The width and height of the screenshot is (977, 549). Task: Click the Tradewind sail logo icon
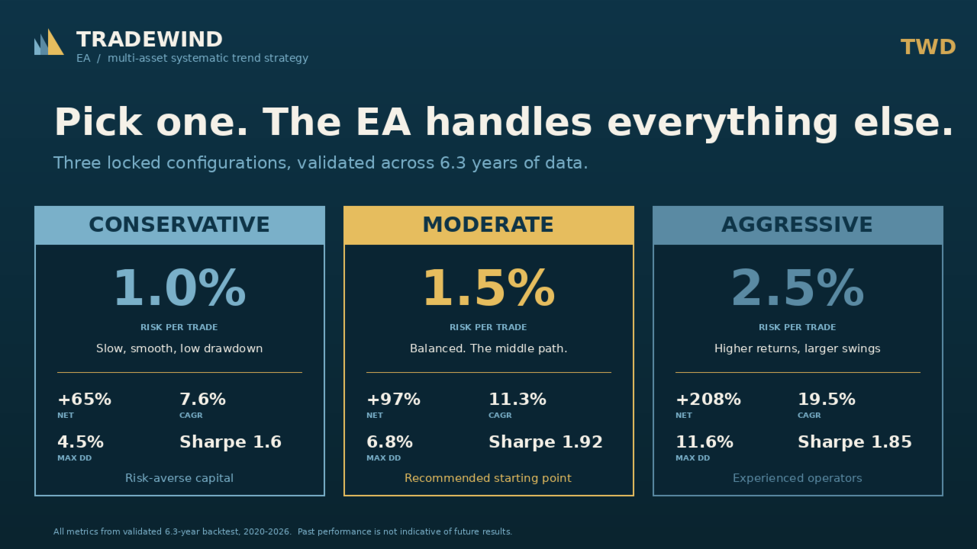point(49,42)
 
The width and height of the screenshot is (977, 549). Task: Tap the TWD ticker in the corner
point(928,47)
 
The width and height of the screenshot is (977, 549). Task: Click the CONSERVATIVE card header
point(179,225)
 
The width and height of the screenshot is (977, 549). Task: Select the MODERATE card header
point(488,225)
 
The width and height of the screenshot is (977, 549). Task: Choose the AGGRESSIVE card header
point(798,225)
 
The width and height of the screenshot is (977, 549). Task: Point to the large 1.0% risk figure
point(179,289)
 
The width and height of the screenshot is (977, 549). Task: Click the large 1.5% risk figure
point(488,289)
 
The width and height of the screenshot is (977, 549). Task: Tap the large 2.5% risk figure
point(798,289)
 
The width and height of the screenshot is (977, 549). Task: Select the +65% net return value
point(84,400)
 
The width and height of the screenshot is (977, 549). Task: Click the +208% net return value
point(708,400)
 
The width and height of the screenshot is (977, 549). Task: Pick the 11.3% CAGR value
point(518,400)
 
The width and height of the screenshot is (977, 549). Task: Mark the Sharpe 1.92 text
point(546,442)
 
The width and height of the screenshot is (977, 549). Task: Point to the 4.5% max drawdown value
point(80,442)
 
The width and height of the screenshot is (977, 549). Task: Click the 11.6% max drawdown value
point(705,442)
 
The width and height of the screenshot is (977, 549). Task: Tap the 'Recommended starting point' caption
point(488,478)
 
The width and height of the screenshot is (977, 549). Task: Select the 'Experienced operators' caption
point(798,478)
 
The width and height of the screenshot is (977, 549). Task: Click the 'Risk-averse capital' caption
point(179,478)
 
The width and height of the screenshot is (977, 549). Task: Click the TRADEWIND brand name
point(150,40)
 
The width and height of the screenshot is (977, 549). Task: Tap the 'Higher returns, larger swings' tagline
point(798,348)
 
